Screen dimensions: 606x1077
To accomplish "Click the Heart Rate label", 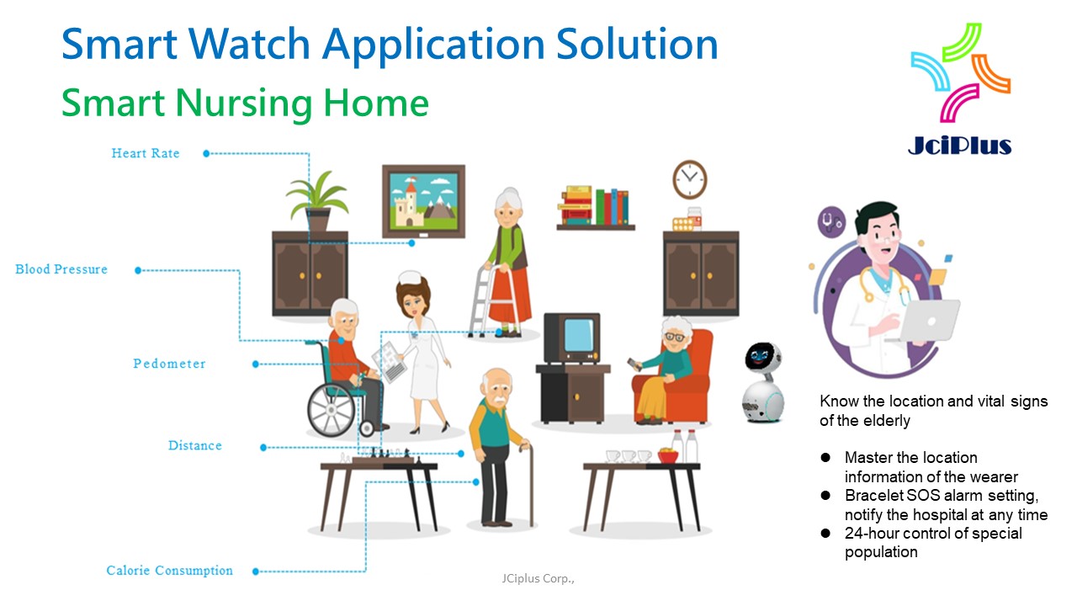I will [146, 153].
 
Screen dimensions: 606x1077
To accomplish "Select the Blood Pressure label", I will [61, 269].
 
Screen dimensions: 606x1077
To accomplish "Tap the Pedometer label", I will [169, 364].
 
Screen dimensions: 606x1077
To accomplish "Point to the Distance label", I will [194, 445].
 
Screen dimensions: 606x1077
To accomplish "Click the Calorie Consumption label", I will [169, 571].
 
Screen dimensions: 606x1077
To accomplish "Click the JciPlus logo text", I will [960, 145].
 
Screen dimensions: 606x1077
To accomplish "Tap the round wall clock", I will [689, 179].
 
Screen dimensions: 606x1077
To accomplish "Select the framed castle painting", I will [423, 200].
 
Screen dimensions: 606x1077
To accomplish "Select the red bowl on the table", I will [668, 456].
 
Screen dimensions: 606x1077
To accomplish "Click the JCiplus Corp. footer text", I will [538, 579].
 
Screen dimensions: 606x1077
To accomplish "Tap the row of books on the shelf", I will [596, 206].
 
